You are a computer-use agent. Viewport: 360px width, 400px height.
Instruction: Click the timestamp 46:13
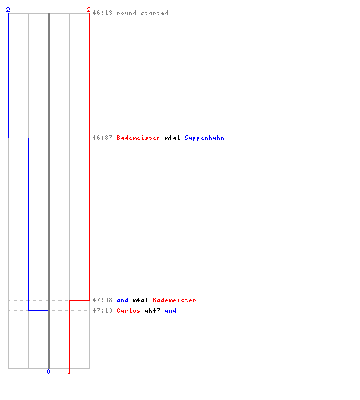click(x=102, y=13)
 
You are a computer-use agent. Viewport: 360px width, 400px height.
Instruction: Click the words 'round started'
click(x=142, y=13)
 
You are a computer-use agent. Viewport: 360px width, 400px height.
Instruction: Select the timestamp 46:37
click(x=102, y=138)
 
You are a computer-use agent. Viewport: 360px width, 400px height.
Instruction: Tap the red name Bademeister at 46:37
click(x=138, y=138)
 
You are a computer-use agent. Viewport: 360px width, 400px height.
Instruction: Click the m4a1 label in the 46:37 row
click(x=172, y=138)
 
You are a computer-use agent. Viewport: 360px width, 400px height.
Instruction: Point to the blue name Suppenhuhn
click(x=204, y=138)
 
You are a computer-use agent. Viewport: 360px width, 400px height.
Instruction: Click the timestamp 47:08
click(x=102, y=300)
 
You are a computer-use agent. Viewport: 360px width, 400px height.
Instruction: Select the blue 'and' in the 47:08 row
click(x=122, y=300)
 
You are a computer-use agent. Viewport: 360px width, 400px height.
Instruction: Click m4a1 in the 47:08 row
click(x=140, y=300)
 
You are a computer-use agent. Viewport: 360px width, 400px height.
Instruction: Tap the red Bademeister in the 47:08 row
click(x=174, y=300)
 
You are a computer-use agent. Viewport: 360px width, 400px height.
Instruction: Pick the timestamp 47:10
click(x=102, y=310)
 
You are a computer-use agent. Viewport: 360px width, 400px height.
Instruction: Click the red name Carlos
click(x=128, y=310)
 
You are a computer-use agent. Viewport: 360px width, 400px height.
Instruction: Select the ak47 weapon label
click(x=152, y=310)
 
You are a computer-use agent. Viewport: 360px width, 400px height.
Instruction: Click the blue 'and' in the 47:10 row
click(x=170, y=310)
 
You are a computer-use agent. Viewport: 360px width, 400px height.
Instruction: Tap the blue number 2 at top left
click(x=8, y=10)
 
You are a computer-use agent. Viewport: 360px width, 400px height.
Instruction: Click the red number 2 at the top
click(x=89, y=10)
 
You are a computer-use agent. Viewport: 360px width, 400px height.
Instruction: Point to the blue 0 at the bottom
click(x=48, y=371)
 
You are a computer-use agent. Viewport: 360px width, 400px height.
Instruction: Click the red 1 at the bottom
click(x=69, y=371)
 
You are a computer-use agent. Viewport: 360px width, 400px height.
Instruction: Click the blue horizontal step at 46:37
click(x=18, y=138)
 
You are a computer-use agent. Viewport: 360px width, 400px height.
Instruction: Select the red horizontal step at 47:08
click(x=79, y=300)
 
